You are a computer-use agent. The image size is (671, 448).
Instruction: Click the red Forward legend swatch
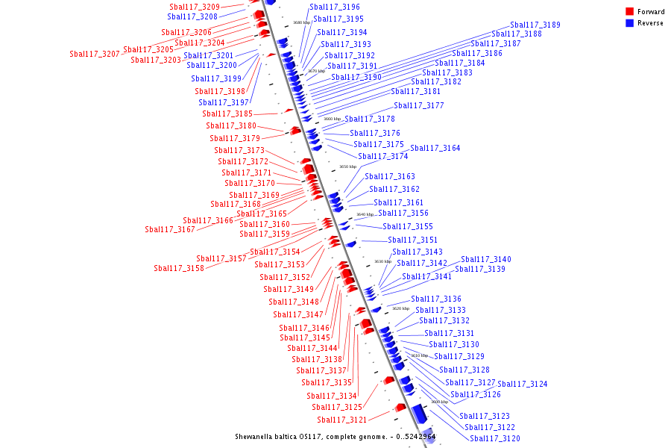[x=629, y=12]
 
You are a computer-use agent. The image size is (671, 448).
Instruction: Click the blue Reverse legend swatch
[x=629, y=23]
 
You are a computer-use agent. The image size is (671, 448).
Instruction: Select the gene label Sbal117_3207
[x=95, y=54]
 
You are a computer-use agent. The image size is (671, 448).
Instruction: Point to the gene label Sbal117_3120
[x=495, y=438]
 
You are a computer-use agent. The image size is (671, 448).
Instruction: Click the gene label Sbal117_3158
[x=179, y=268]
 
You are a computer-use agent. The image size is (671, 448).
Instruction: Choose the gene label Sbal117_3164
[x=435, y=148]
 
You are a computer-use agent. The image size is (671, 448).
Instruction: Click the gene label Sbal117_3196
[x=335, y=7]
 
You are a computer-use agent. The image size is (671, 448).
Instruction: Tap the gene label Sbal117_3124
[x=523, y=384]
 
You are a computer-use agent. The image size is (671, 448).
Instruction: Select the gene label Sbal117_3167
[x=170, y=229]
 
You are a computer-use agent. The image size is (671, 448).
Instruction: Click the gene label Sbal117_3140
[x=486, y=259]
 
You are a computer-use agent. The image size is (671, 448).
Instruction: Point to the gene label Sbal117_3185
[x=227, y=113]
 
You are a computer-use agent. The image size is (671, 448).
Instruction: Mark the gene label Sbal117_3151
[x=413, y=240]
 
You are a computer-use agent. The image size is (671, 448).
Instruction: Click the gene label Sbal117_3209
[x=195, y=7]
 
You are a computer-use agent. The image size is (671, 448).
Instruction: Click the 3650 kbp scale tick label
[x=347, y=167]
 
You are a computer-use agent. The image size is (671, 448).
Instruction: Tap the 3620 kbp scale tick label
[x=401, y=308]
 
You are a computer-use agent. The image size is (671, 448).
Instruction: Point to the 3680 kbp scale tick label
[x=302, y=22]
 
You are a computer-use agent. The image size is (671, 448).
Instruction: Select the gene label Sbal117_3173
[x=239, y=150]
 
